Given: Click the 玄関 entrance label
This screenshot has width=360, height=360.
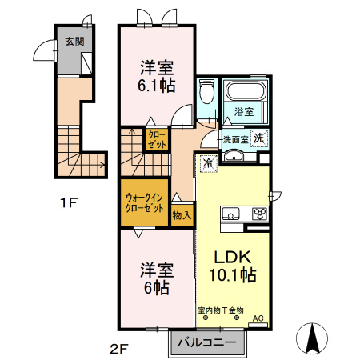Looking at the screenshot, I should click(x=74, y=42).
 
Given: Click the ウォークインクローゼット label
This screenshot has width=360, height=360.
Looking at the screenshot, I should click(x=145, y=203).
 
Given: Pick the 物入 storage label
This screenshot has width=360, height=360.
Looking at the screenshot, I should click(x=182, y=214).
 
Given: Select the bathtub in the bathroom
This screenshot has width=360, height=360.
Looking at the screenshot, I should click(x=246, y=90).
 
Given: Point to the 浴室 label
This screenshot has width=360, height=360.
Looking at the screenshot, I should click(x=245, y=113).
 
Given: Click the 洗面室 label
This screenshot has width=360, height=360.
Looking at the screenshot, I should click(x=234, y=138).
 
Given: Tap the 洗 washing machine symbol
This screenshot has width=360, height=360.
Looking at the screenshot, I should click(x=259, y=138).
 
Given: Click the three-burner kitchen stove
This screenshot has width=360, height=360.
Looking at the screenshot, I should click(x=258, y=213).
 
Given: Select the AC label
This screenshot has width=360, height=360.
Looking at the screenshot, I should click(x=258, y=318).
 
